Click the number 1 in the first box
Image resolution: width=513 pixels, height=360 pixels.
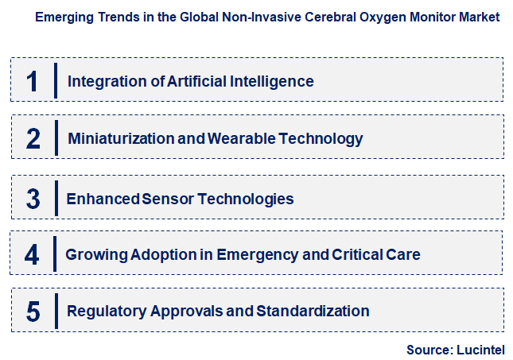click(33, 81)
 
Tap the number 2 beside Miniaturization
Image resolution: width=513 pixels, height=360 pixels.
click(33, 139)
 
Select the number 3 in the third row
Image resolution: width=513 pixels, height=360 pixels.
click(33, 199)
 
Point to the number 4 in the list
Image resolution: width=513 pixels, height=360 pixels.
click(32, 255)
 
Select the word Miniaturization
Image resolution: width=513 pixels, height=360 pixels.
click(121, 139)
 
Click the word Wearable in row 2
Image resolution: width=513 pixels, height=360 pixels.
click(238, 139)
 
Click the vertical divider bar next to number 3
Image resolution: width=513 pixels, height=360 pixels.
click(55, 197)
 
